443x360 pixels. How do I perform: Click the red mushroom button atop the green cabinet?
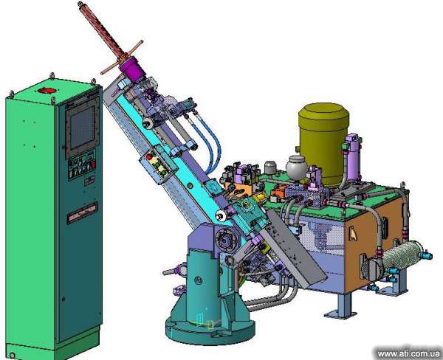[x=47, y=90]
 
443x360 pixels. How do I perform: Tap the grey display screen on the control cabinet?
[x=82, y=128]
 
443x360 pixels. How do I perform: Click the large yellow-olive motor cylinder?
[x=323, y=143]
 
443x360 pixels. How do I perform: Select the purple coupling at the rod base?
[x=132, y=69]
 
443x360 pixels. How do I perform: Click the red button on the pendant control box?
[x=149, y=156]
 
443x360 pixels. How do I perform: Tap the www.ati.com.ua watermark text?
[x=408, y=353]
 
